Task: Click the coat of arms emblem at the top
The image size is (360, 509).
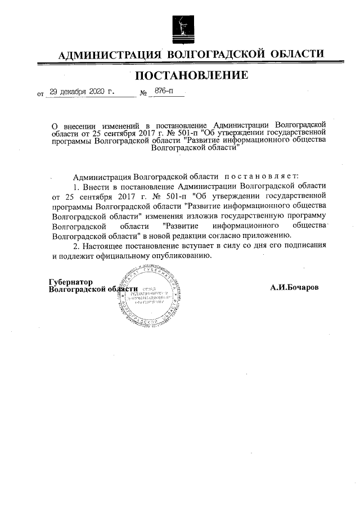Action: [181, 26]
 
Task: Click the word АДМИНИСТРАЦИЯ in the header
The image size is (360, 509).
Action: [110, 55]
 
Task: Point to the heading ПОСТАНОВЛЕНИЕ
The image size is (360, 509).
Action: [191, 75]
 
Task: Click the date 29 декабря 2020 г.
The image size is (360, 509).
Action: [82, 92]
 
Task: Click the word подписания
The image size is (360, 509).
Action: [304, 246]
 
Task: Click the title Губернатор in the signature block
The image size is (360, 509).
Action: [70, 281]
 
